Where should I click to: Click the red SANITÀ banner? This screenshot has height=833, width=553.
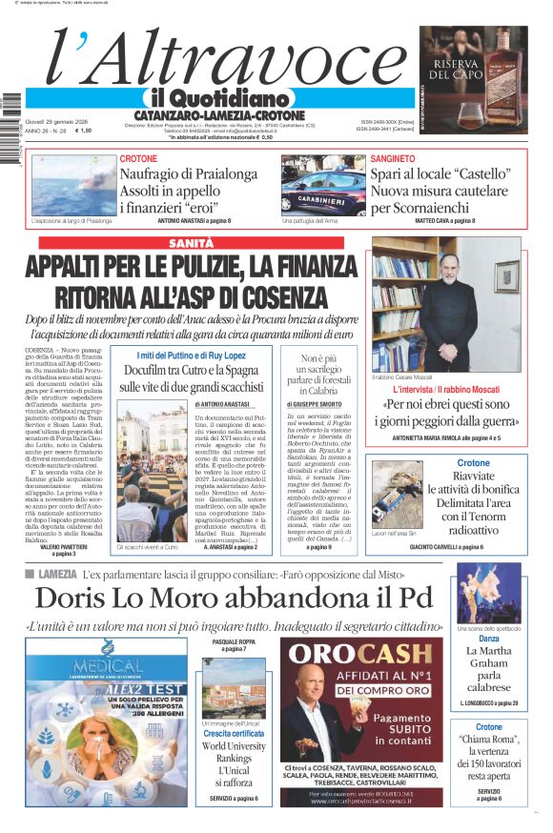[x=191, y=244]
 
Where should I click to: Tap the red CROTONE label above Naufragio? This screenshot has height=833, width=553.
[x=139, y=158]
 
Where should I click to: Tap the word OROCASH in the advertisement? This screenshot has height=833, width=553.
[x=360, y=653]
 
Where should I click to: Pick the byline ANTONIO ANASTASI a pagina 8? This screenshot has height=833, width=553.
[x=195, y=221]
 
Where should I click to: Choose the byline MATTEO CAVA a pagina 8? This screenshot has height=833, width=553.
[x=445, y=221]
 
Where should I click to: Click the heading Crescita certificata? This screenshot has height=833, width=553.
[x=234, y=733]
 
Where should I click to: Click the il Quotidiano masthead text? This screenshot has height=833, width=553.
[x=219, y=98]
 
